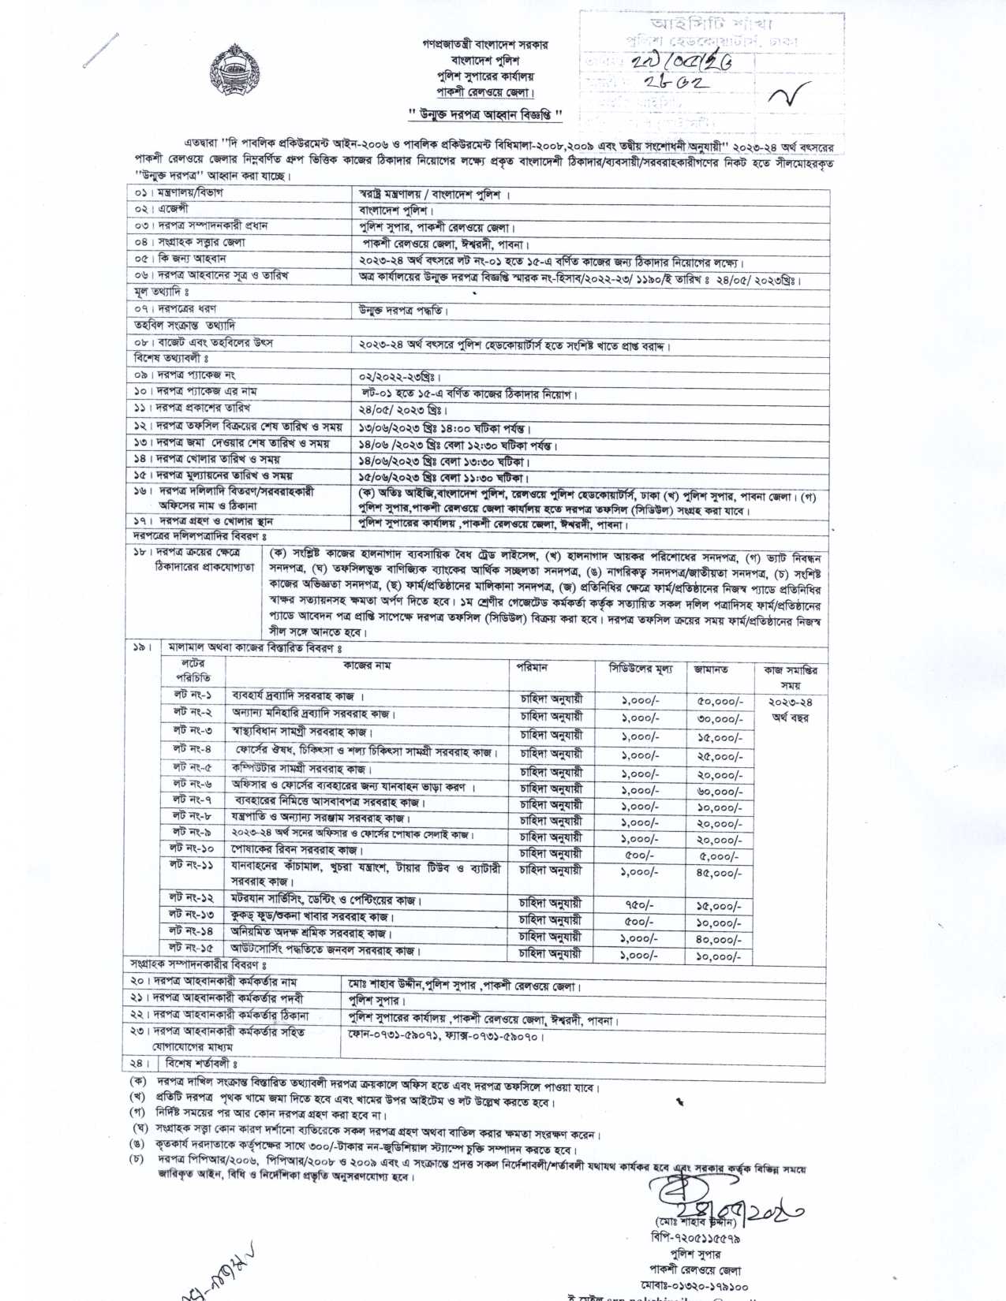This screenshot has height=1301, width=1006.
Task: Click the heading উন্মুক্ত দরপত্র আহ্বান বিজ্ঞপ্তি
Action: click(x=485, y=115)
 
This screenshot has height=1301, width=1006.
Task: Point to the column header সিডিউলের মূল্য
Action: click(x=640, y=669)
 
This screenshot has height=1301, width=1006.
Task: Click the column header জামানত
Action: click(x=711, y=669)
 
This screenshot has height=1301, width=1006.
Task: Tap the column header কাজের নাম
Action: click(x=367, y=666)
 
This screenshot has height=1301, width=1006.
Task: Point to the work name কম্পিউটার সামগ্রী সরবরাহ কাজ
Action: click(x=301, y=769)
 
